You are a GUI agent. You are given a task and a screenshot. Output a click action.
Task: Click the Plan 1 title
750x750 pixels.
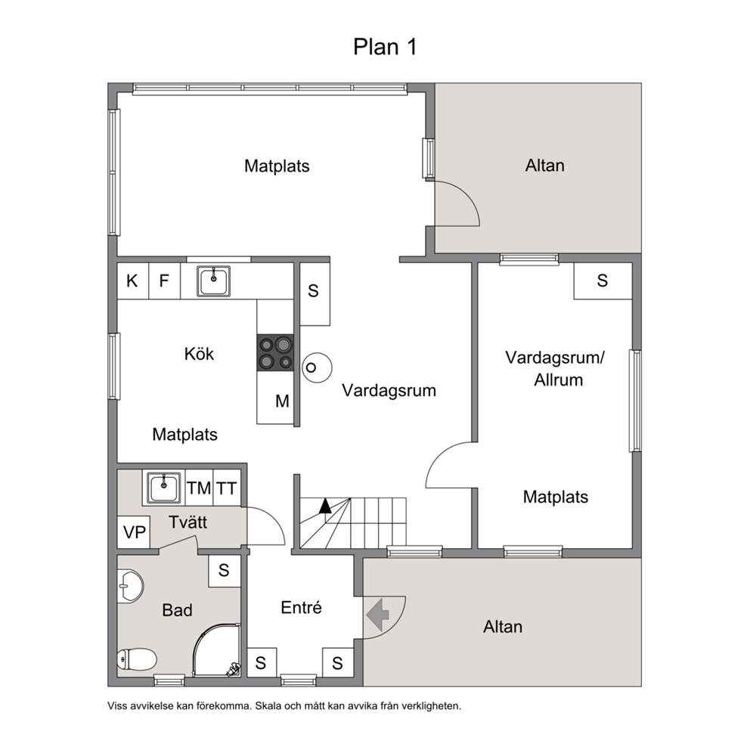click(385, 47)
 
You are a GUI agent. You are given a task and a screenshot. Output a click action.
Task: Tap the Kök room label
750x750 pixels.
click(199, 354)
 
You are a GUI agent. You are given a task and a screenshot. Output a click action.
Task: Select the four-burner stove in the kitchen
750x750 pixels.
click(275, 352)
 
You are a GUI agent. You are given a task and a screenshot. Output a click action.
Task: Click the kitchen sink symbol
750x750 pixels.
click(213, 281)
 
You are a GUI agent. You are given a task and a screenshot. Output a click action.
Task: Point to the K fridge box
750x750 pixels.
click(132, 280)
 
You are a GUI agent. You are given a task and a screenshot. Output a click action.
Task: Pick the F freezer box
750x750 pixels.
click(164, 280)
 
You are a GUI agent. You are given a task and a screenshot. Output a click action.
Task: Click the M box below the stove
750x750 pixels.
click(275, 398)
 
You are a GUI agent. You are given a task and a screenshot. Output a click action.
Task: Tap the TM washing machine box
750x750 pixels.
click(199, 488)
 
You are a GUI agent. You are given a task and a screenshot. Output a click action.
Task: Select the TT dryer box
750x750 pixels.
click(227, 488)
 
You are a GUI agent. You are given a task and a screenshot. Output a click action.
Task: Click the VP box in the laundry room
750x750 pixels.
click(134, 532)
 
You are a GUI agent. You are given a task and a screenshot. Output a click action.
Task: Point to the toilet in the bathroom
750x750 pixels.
click(137, 659)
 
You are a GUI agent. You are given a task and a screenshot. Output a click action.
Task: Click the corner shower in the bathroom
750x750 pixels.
click(217, 649)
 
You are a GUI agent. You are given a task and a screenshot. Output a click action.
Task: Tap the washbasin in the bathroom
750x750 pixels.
click(130, 586)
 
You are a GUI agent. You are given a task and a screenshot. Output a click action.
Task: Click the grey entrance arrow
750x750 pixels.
click(378, 614)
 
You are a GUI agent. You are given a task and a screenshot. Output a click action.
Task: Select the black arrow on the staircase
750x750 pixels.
click(325, 506)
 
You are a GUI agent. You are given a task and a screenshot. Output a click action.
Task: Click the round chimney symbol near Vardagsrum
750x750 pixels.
click(317, 367)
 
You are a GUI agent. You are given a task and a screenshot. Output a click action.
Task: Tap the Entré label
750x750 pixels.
click(301, 607)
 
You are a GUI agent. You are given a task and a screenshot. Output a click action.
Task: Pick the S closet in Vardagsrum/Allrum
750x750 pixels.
click(603, 280)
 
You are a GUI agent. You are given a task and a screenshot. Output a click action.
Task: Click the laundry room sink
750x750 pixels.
click(163, 488)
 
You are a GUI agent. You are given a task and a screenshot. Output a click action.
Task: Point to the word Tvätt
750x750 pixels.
click(187, 522)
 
